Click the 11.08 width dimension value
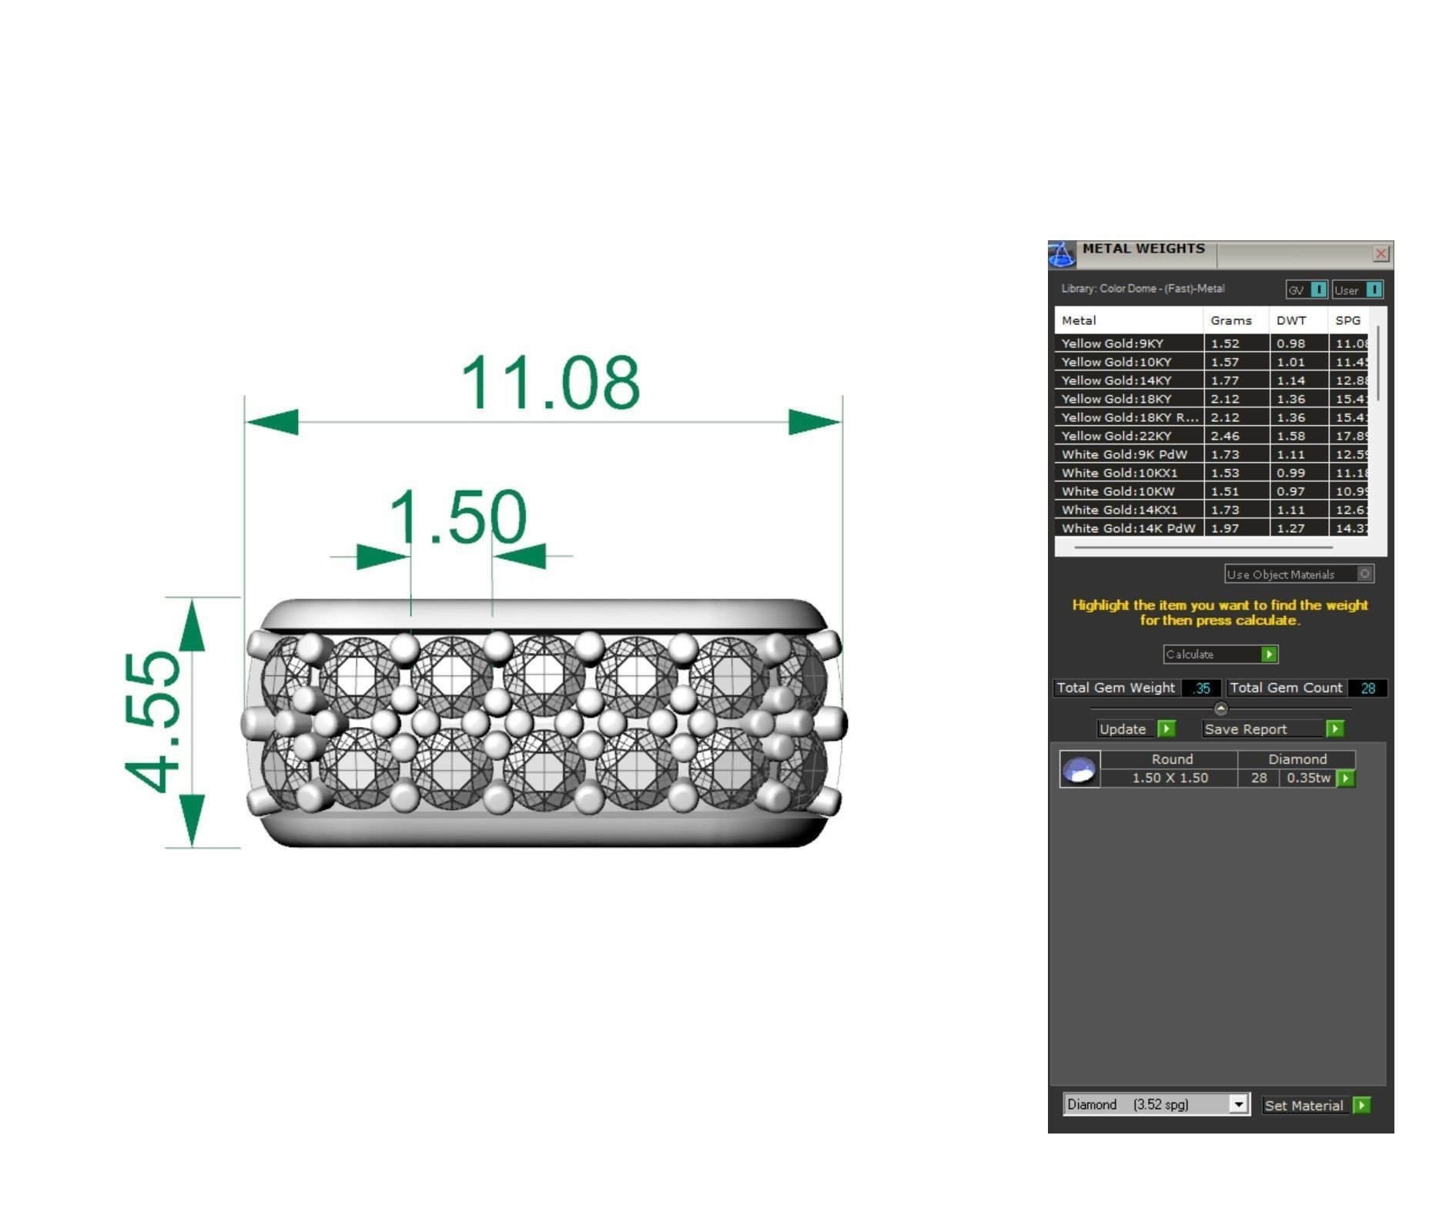click(550, 383)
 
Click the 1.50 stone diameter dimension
click(457, 517)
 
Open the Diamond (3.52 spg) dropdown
click(1237, 1105)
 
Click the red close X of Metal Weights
click(1381, 253)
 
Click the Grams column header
click(1230, 321)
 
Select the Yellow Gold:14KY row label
click(1116, 380)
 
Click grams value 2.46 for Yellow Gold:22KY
click(1225, 436)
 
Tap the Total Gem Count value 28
click(1367, 688)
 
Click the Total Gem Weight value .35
click(1202, 688)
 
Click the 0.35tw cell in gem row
click(1308, 779)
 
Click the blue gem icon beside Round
click(1079, 769)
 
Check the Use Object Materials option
click(1364, 574)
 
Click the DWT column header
click(1291, 321)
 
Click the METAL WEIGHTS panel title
click(1143, 249)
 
